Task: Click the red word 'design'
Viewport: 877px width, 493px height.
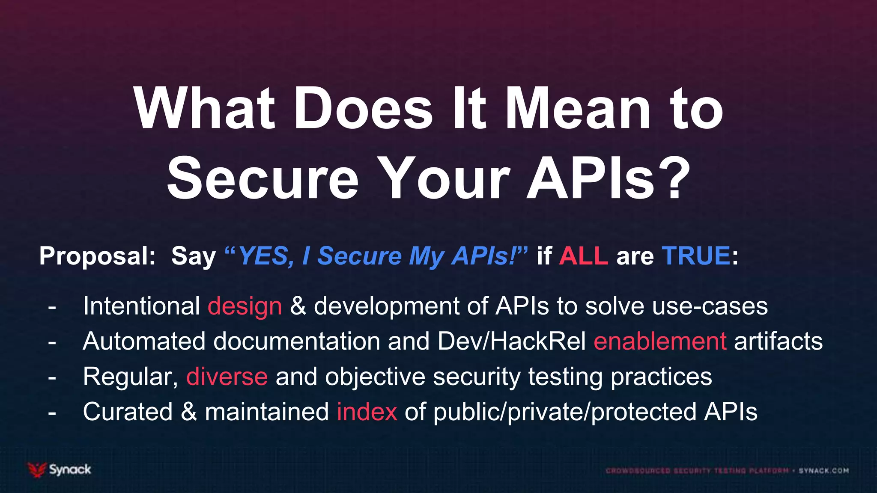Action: pyautogui.click(x=245, y=306)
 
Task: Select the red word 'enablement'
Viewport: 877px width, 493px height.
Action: pyautogui.click(x=660, y=342)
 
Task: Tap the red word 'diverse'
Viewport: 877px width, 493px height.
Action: pyautogui.click(x=227, y=377)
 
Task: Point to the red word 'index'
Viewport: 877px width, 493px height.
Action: pyautogui.click(x=367, y=412)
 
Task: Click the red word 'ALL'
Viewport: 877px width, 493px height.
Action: pyautogui.click(x=583, y=256)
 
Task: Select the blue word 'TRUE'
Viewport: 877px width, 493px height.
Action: pyautogui.click(x=696, y=256)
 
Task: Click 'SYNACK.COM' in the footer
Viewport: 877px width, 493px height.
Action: pyautogui.click(x=823, y=471)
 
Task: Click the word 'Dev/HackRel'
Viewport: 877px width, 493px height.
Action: pyautogui.click(x=512, y=342)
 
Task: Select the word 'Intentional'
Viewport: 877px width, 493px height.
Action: pyautogui.click(x=142, y=306)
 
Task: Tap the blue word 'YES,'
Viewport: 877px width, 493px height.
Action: pyautogui.click(x=266, y=256)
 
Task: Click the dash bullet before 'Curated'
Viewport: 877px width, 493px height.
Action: pyautogui.click(x=52, y=413)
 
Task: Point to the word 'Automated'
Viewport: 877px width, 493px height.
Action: pyautogui.click(x=144, y=342)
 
